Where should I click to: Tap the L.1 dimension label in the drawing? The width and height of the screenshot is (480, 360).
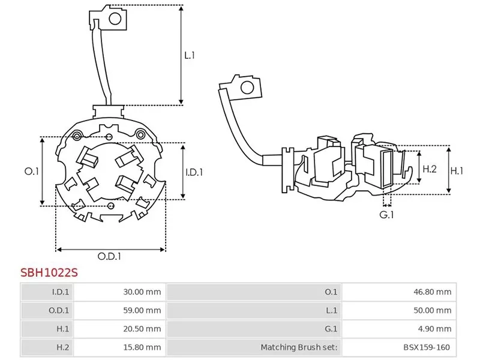(190, 55)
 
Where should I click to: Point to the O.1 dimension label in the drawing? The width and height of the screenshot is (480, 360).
(31, 172)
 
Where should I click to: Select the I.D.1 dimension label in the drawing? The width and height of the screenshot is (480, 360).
(194, 172)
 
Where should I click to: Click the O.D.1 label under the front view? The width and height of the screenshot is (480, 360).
(110, 256)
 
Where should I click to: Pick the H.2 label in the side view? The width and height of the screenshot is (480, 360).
(430, 170)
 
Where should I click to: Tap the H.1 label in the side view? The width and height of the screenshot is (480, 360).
(457, 170)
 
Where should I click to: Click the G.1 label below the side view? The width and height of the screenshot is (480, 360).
(386, 214)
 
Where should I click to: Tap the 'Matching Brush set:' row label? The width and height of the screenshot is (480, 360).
(299, 347)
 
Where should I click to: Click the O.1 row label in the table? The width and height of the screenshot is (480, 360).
(331, 292)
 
